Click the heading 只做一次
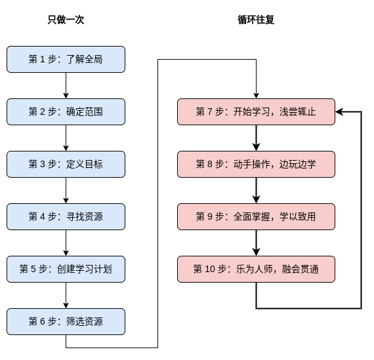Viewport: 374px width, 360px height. tap(66, 20)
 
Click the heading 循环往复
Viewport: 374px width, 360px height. tap(256, 20)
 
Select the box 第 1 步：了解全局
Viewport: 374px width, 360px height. tap(66, 60)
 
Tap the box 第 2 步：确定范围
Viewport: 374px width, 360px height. tap(66, 112)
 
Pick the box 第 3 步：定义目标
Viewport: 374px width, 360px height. tap(66, 165)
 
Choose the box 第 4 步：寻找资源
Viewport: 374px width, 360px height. tap(66, 216)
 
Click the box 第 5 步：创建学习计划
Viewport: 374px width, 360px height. tap(66, 269)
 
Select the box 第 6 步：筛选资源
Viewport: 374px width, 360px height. tap(66, 321)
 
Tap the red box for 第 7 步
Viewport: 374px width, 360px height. tap(256, 112)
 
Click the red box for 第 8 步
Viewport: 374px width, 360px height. tap(256, 165)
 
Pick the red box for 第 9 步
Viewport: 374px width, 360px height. tap(256, 216)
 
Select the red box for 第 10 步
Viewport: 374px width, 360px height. tap(256, 269)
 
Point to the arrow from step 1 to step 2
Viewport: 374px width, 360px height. tap(66, 86)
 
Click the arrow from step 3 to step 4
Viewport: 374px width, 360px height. tap(66, 190)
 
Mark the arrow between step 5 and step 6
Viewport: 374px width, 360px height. tap(66, 295)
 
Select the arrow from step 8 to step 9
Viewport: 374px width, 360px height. tap(256, 190)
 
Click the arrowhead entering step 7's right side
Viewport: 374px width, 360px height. tap(339, 112)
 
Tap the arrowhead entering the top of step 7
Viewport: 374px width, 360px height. tap(256, 96)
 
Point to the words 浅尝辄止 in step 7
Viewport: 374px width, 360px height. tap(297, 112)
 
